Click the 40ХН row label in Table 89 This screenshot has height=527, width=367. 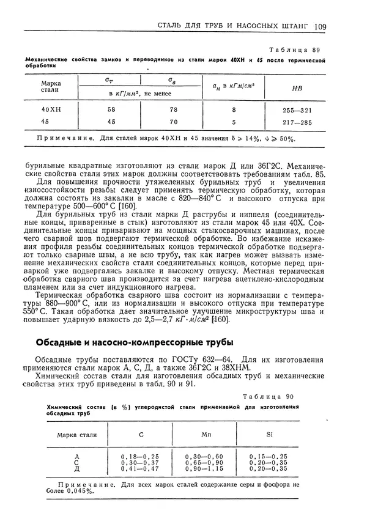(x=51, y=109)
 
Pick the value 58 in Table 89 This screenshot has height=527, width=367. (x=111, y=109)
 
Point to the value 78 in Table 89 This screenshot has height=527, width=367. (x=174, y=109)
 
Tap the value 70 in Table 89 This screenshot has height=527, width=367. (x=174, y=122)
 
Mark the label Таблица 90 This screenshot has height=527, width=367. (x=269, y=396)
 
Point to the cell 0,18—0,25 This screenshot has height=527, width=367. (x=139, y=456)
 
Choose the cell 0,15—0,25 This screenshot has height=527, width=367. (x=269, y=456)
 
